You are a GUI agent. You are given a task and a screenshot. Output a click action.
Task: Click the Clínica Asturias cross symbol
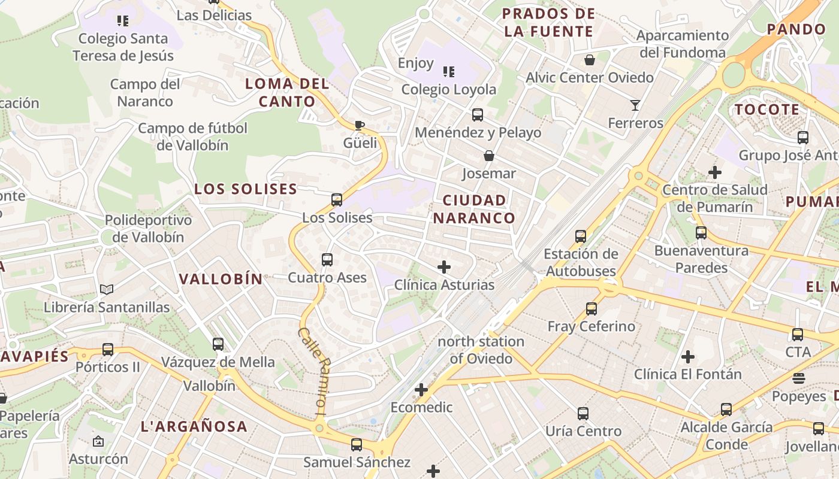[444, 267]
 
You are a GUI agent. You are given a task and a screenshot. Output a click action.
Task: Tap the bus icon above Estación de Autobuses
[580, 237]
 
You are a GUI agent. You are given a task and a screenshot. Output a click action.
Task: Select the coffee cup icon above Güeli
[360, 125]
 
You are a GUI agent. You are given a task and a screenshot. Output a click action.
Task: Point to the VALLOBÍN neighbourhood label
[221, 279]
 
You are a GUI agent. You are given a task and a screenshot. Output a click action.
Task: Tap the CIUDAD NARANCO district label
[474, 209]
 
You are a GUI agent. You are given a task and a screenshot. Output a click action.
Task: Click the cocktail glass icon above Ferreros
[635, 105]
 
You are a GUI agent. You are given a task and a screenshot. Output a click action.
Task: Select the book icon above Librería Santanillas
[107, 290]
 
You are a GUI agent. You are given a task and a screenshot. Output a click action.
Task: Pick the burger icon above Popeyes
[798, 378]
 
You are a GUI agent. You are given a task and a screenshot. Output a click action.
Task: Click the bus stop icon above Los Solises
[337, 200]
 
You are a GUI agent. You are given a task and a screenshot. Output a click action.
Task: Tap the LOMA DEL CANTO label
[287, 93]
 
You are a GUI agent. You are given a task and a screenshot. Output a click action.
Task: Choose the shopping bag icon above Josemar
[489, 156]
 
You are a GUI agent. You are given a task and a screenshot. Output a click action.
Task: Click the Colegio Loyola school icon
[448, 72]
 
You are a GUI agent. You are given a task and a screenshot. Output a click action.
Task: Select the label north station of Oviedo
[481, 350]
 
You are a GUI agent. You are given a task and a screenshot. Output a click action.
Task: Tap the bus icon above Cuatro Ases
[327, 260]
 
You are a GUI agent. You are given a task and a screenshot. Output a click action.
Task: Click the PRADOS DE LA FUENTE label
[549, 22]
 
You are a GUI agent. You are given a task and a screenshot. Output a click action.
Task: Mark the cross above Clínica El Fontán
[688, 357]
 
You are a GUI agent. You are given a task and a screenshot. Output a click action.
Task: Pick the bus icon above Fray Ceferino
[591, 309]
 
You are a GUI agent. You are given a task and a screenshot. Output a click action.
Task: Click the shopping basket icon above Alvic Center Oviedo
[590, 60]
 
